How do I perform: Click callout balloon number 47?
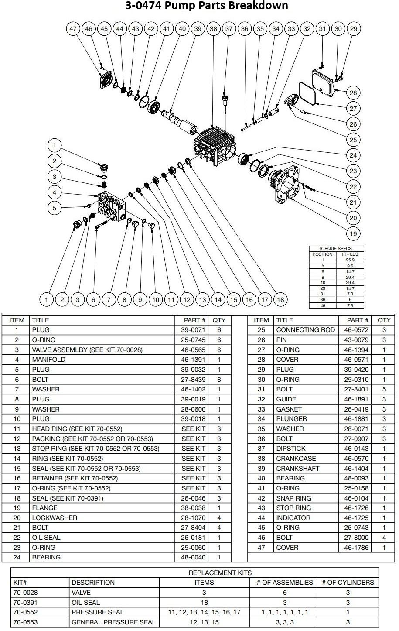pyautogui.click(x=73, y=29)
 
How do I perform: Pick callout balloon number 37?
pyautogui.click(x=229, y=29)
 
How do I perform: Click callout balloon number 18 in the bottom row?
pyautogui.click(x=280, y=299)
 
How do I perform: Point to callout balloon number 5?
pyautogui.click(x=55, y=208)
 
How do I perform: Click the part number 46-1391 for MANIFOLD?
pyautogui.click(x=191, y=360)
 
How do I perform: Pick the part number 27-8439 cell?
pyautogui.click(x=191, y=380)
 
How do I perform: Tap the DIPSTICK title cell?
pyautogui.click(x=291, y=449)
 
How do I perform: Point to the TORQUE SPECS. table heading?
pyautogui.click(x=336, y=248)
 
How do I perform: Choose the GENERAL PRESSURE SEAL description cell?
pyautogui.click(x=113, y=622)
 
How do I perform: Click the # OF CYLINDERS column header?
pyautogui.click(x=348, y=583)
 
